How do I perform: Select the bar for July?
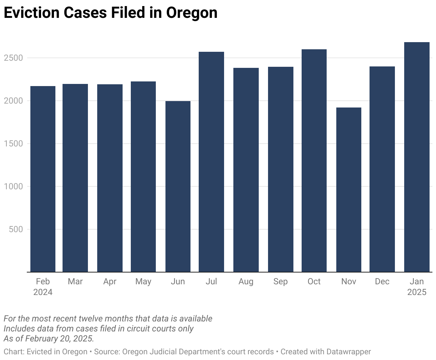[211, 162]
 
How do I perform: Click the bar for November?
[348, 190]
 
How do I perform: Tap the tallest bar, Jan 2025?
[417, 157]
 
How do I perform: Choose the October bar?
[314, 161]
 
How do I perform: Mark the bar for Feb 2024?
[43, 179]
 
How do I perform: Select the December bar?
[382, 169]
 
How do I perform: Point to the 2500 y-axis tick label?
[13, 58]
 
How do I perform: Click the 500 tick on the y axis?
[16, 229]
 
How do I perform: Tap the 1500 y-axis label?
[13, 144]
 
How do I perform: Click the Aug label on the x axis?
[246, 282]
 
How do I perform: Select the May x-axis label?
[143, 282]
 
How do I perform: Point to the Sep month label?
[281, 282]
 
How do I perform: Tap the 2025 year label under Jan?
[417, 292]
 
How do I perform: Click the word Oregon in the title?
[192, 13]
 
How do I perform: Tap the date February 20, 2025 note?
[59, 339]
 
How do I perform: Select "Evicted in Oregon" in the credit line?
[57, 352]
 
